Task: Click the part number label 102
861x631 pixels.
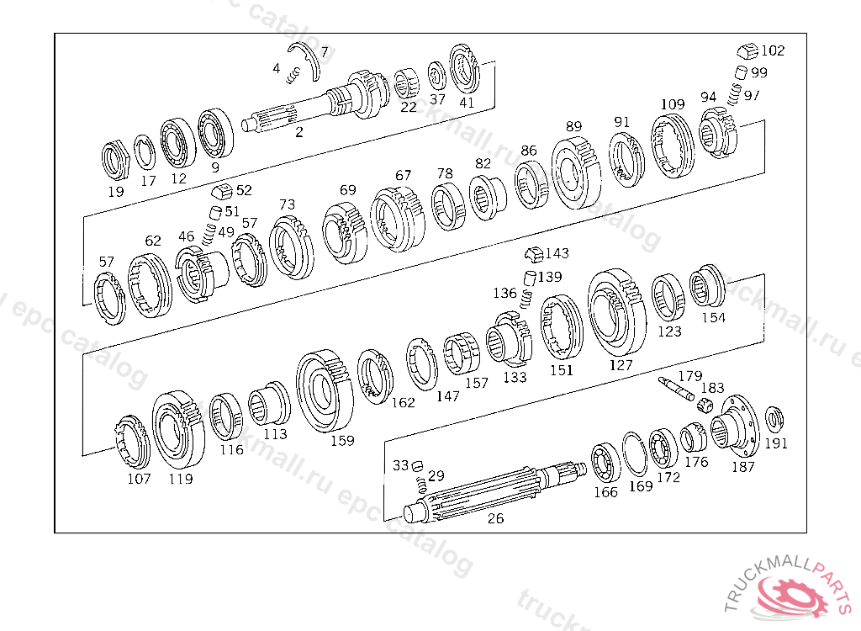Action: tap(773, 50)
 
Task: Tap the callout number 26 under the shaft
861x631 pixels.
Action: tap(495, 518)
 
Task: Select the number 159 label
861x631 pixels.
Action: tap(342, 440)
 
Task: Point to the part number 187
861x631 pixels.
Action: tap(743, 467)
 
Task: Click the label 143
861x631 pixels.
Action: tap(557, 253)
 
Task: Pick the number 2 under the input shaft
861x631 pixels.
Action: tap(298, 132)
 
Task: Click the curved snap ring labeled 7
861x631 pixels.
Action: tap(309, 59)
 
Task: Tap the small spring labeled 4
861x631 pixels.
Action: tap(293, 75)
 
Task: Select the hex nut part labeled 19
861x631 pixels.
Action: tap(115, 161)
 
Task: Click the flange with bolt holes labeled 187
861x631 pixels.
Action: tap(736, 427)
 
